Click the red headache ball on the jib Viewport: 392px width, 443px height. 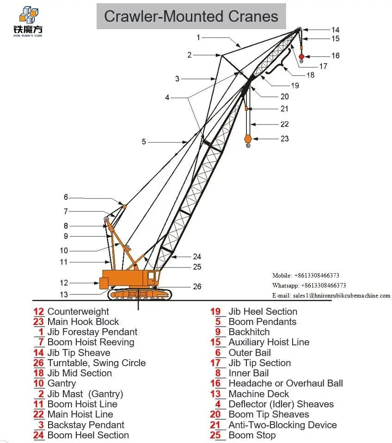[301, 57]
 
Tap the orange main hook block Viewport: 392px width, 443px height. [248, 139]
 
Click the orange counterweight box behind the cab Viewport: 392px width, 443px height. [104, 283]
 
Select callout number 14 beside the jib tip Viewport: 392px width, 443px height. [335, 30]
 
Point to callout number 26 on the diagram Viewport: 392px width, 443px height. [197, 287]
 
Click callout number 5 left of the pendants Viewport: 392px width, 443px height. [144, 142]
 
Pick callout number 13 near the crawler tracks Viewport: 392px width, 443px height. [64, 294]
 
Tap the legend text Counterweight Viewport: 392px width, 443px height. [78, 312]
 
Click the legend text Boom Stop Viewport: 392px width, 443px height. [252, 435]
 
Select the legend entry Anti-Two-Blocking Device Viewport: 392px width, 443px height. [282, 424]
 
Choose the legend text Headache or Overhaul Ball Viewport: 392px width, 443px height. [286, 383]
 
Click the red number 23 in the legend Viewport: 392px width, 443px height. [38, 322]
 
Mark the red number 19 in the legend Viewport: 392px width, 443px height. [215, 312]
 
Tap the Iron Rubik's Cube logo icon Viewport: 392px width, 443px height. [29, 15]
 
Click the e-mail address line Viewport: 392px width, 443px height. [331, 295]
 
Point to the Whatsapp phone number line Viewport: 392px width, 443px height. [309, 285]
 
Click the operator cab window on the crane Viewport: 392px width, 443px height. [151, 275]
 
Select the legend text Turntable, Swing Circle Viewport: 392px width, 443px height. [97, 363]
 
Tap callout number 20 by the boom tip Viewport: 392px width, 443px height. [284, 97]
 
